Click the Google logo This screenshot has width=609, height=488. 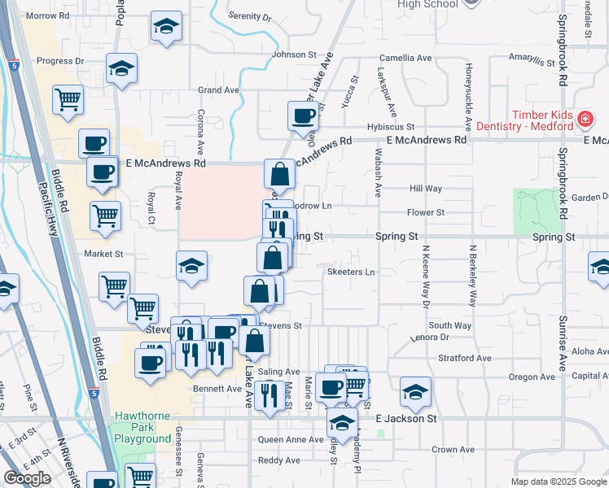coord(27,478)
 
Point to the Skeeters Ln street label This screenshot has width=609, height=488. coord(351,272)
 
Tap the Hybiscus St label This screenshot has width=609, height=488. coord(390,128)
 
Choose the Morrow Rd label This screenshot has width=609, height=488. coord(48,15)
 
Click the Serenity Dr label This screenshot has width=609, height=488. coord(250,16)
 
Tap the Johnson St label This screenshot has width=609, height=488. coord(293,54)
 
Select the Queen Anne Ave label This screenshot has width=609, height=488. coord(291,440)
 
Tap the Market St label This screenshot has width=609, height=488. coord(103,254)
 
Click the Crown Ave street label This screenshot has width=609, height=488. coord(453,449)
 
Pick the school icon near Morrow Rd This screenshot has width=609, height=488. coord(166,27)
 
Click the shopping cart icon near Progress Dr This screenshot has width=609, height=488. coord(68,99)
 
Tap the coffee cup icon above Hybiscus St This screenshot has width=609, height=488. coord(303,115)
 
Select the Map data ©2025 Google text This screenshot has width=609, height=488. coord(558,481)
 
